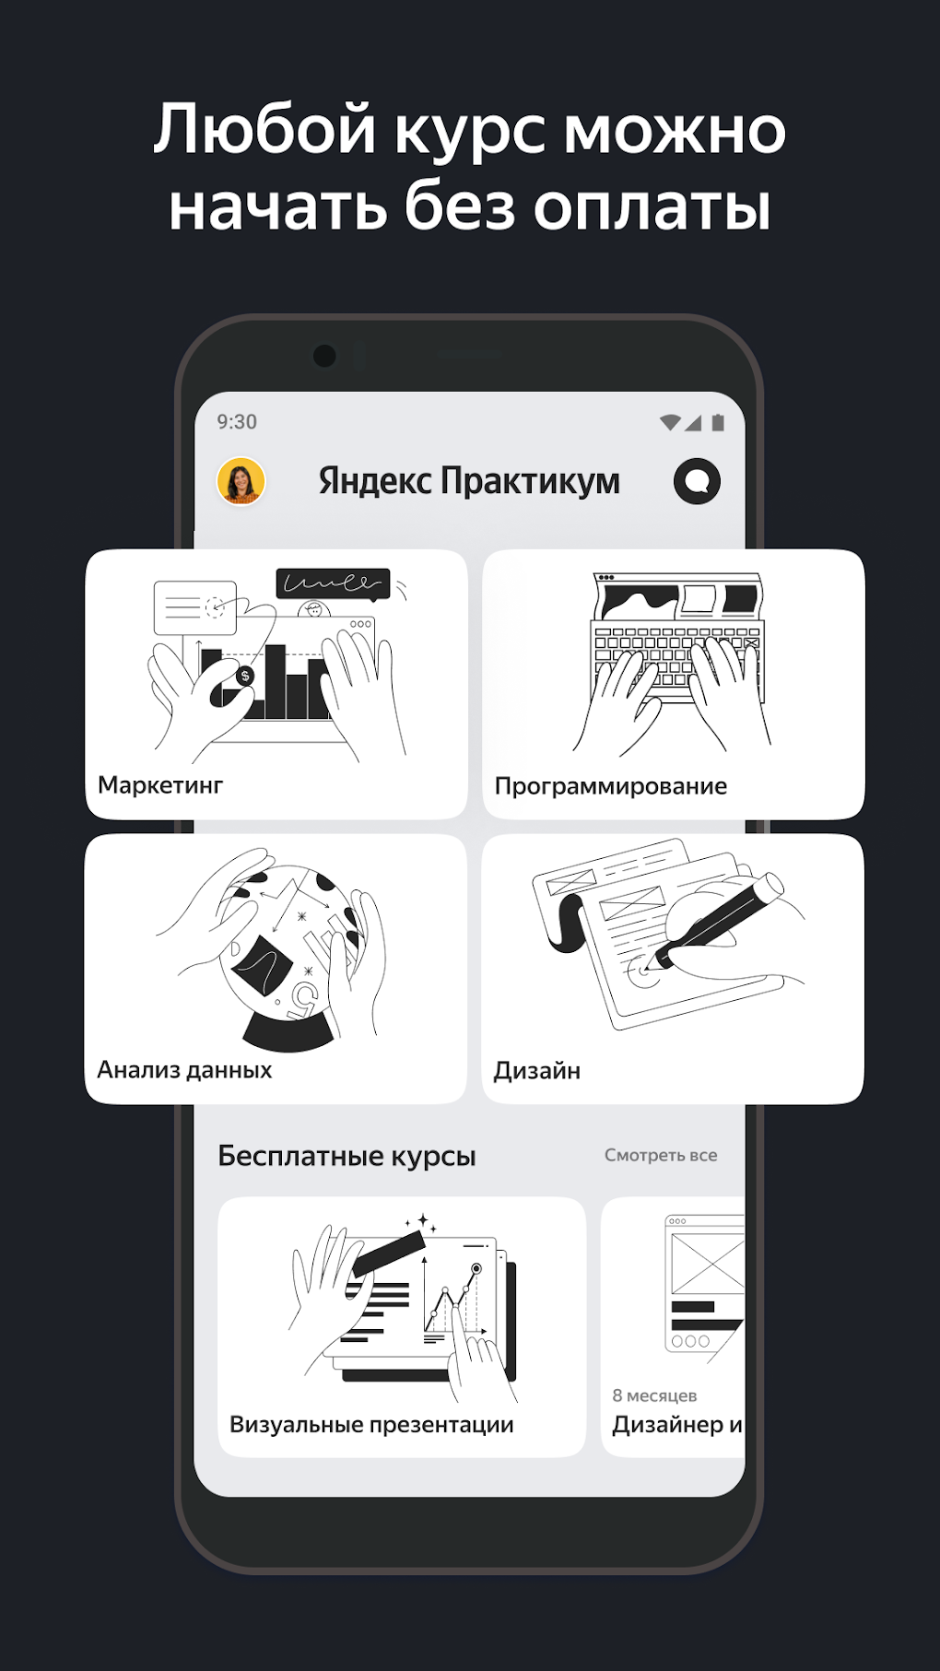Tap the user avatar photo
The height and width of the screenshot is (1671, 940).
(241, 481)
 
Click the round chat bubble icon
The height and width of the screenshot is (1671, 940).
(697, 481)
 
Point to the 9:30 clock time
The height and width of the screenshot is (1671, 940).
(237, 422)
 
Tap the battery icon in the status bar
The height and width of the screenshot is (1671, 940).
(718, 422)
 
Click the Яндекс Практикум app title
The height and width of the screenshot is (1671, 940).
(469, 481)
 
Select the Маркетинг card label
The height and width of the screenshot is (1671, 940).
(160, 785)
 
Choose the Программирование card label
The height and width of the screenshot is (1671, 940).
(611, 786)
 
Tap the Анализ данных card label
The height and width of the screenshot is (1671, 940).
(184, 1070)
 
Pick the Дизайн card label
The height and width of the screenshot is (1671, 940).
(537, 1071)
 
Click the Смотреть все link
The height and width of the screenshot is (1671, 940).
(661, 1155)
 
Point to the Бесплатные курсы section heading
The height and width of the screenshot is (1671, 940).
(347, 1156)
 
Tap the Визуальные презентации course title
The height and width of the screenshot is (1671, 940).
(371, 1425)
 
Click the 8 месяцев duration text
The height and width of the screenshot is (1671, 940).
(654, 1395)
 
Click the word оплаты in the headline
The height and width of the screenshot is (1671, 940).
(652, 206)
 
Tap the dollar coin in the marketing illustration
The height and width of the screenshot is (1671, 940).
(244, 677)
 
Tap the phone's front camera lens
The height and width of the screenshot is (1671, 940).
(324, 356)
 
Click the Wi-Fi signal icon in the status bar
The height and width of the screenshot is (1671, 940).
(671, 422)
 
